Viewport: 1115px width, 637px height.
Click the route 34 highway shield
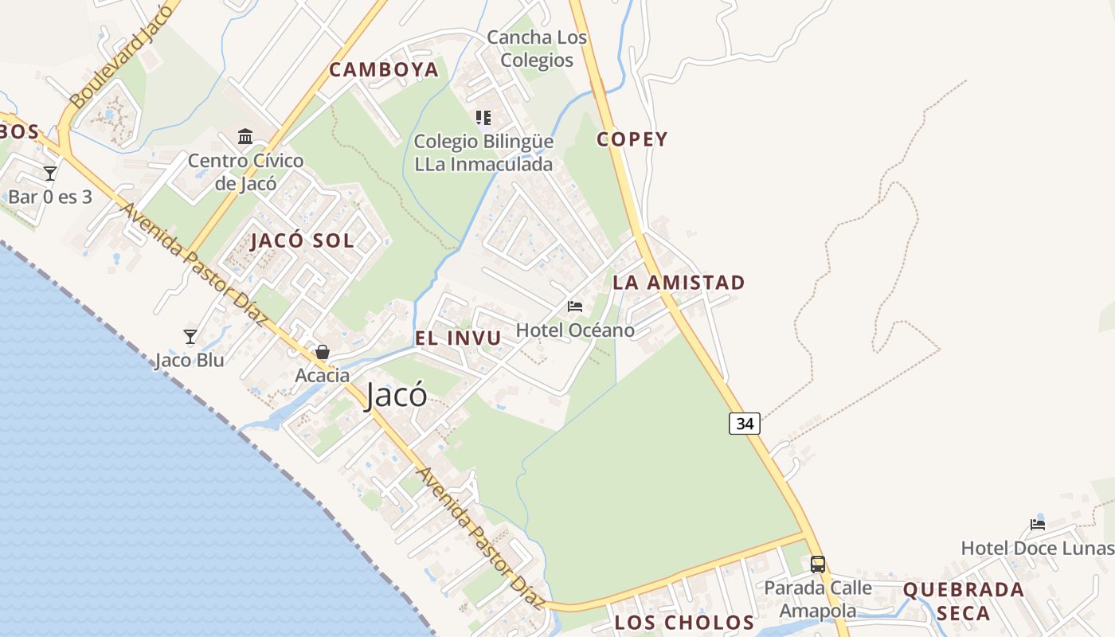coord(745,424)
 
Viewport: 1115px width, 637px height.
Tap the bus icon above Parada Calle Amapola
coord(818,565)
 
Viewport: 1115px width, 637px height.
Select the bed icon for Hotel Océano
coord(575,307)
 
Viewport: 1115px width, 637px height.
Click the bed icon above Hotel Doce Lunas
coord(1038,524)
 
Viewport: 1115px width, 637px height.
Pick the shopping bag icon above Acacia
coord(323,352)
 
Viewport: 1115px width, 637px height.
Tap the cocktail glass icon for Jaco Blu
coord(190,337)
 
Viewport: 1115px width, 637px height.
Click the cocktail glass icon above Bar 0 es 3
coord(50,173)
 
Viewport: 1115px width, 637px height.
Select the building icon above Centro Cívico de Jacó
coord(245,137)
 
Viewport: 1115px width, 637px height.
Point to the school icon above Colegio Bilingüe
coord(483,118)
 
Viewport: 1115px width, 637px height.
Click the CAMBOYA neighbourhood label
coord(384,70)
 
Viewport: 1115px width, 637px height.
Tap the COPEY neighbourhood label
coord(632,139)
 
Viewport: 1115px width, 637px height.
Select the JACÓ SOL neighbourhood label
coord(303,241)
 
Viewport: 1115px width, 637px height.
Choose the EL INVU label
coord(458,338)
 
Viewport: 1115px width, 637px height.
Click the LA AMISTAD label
coord(679,283)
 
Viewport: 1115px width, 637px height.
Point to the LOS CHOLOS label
coord(684,623)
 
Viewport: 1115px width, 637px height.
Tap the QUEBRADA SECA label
coord(964,601)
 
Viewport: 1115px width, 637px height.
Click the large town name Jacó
coord(396,396)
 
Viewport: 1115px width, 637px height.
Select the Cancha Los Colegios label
coord(537,49)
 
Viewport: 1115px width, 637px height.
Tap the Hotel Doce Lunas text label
coord(1037,549)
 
